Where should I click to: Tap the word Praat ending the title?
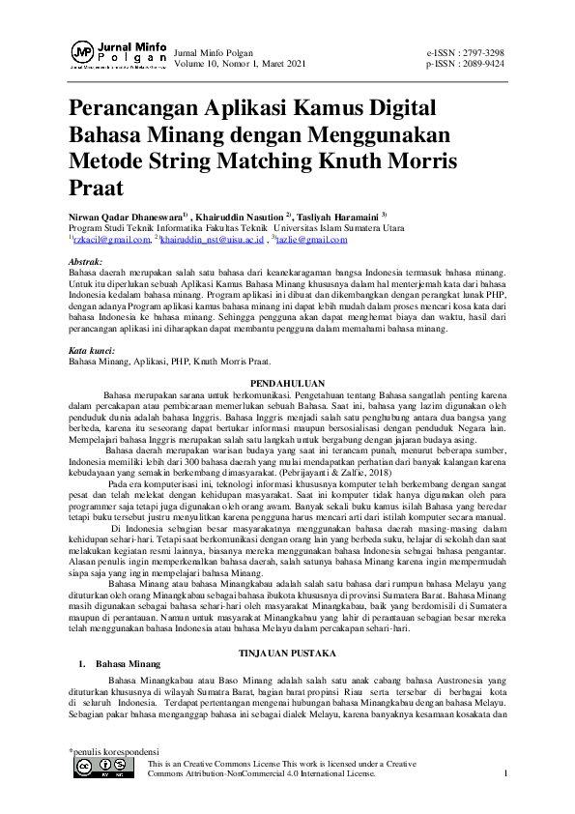click(97, 184)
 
